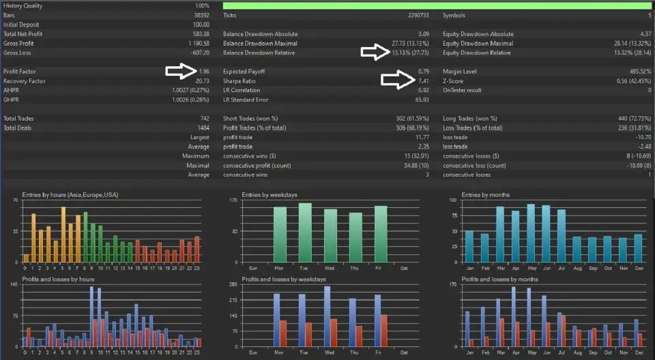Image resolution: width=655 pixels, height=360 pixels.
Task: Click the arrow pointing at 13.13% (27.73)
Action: (x=375, y=52)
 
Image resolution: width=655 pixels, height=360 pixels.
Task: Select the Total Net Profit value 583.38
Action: (x=201, y=33)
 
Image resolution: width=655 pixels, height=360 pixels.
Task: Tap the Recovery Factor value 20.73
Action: (x=201, y=80)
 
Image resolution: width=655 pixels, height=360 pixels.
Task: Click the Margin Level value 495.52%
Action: (x=639, y=71)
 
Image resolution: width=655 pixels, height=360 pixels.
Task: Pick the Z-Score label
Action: (x=454, y=80)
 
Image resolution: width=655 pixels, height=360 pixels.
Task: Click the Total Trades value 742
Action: (x=203, y=118)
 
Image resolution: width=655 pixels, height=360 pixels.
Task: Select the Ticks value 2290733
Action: (x=418, y=14)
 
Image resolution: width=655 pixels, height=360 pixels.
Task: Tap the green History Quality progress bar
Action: (x=437, y=5)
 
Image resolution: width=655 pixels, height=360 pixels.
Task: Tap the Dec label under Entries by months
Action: (x=638, y=267)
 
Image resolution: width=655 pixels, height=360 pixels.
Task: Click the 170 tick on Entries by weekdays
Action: (x=233, y=201)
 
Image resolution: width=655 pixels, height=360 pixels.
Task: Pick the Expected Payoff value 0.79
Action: (x=423, y=71)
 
